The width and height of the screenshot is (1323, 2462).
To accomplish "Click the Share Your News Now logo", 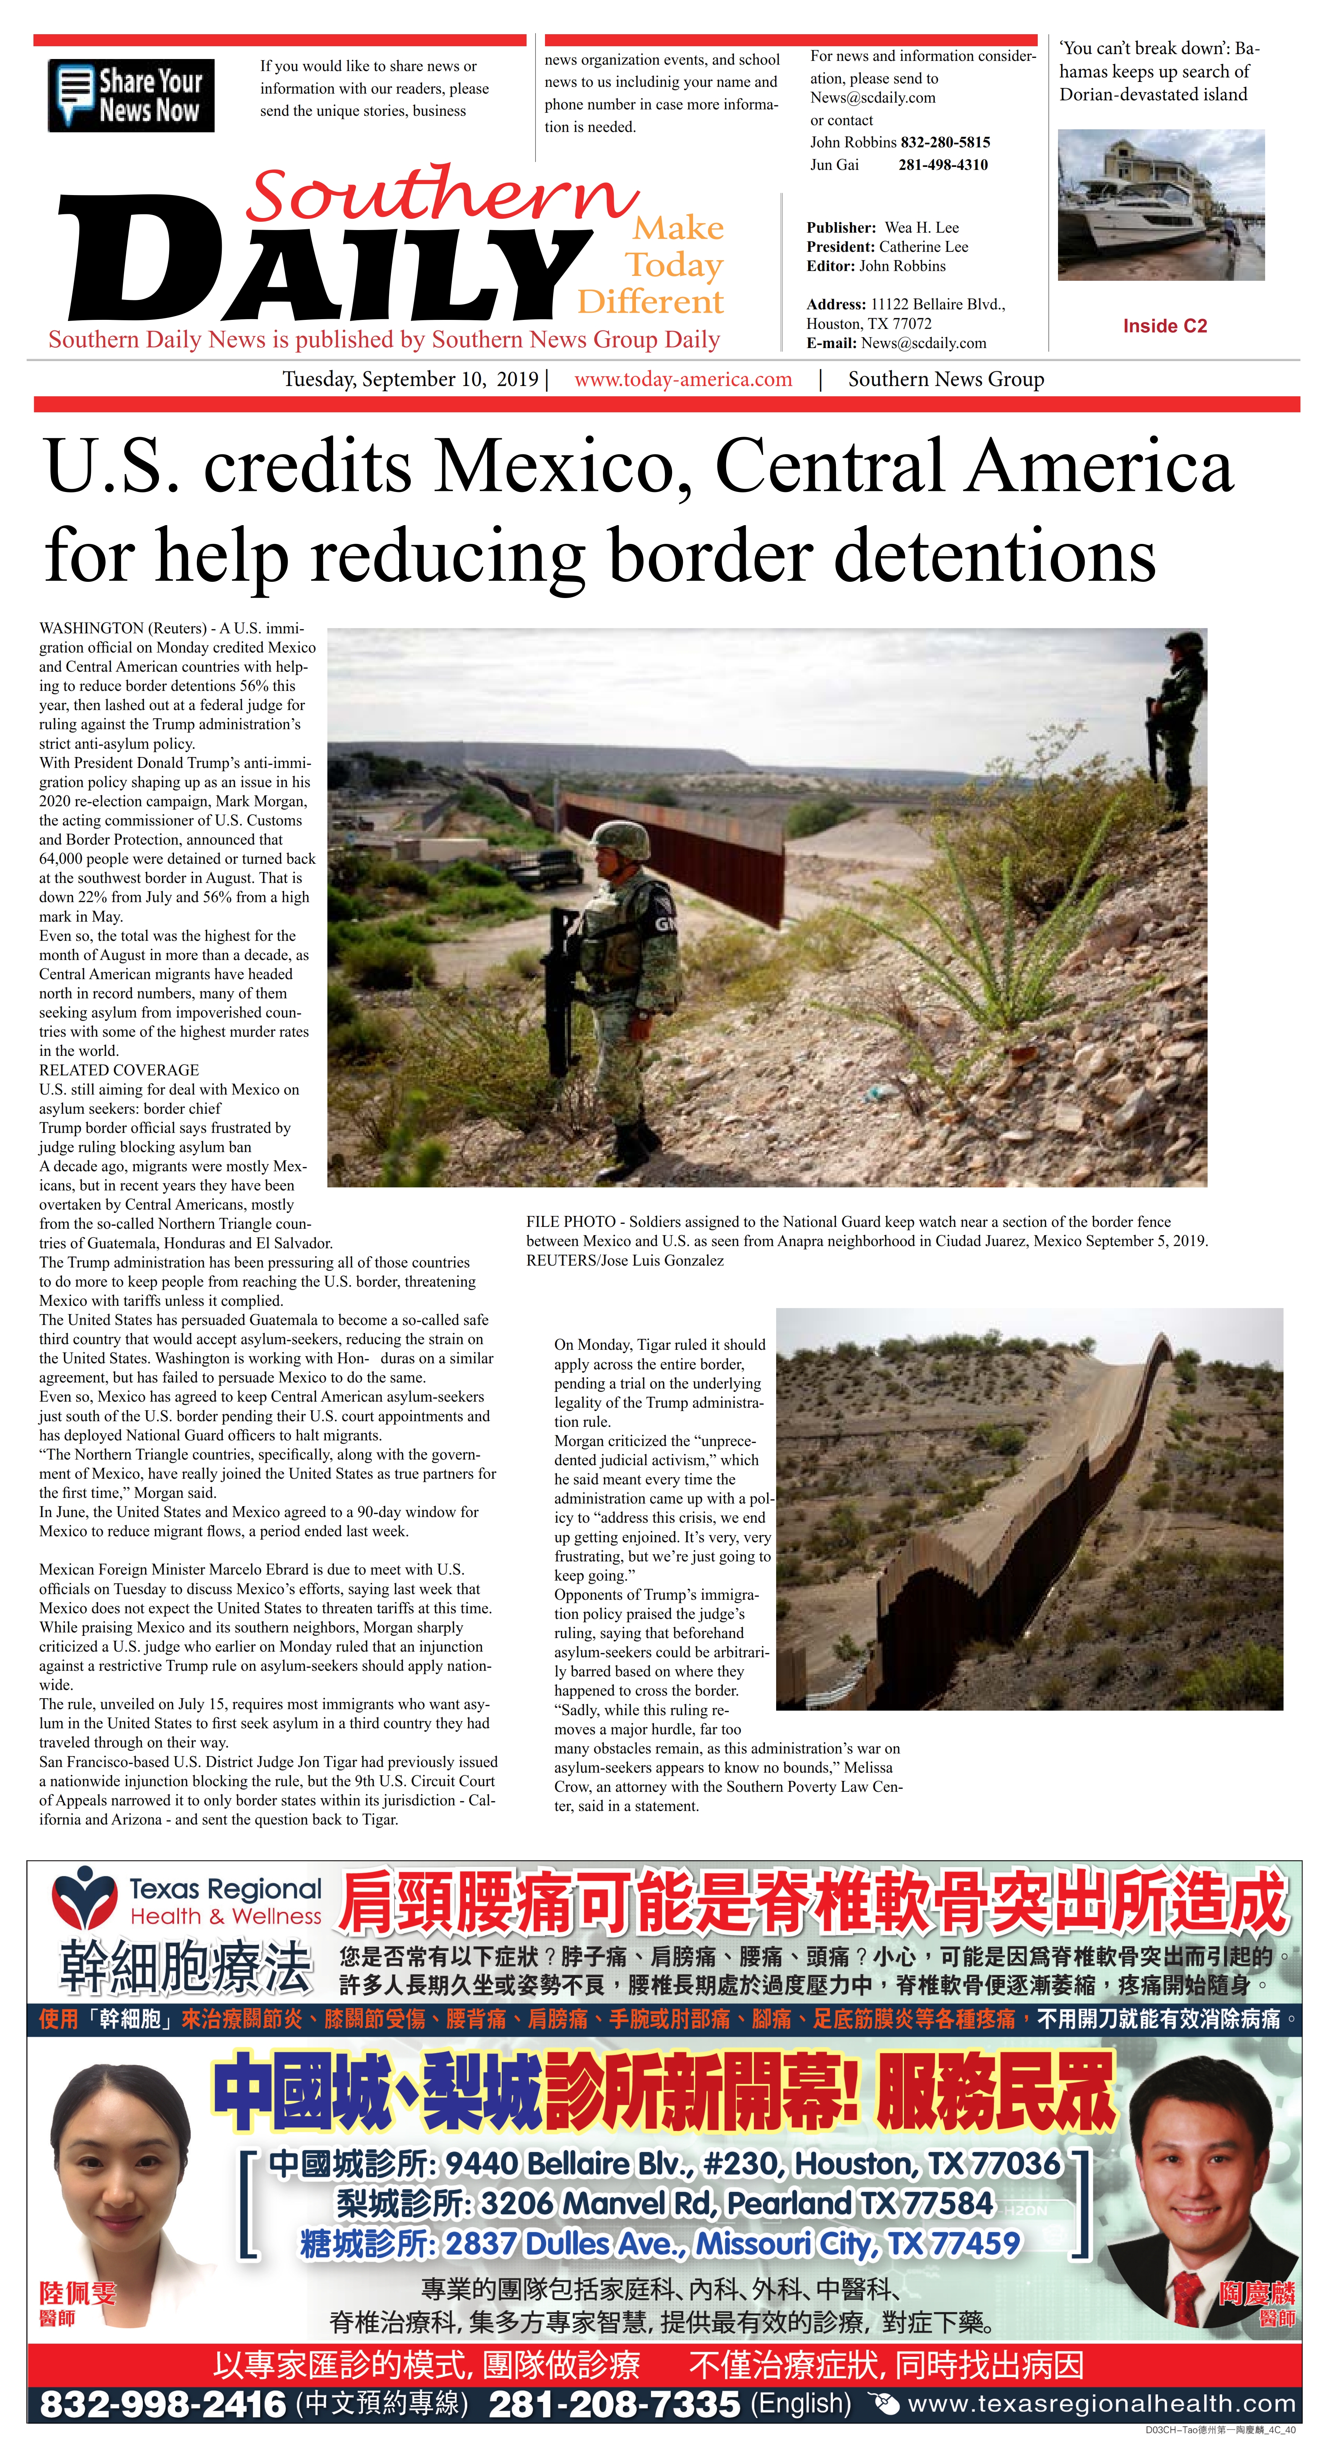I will pos(131,95).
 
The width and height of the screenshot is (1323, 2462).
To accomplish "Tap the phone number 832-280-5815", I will pos(945,142).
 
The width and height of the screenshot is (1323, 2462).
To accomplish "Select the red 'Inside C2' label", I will pos(1164,326).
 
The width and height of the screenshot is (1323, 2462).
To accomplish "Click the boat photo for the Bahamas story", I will pos(1161,204).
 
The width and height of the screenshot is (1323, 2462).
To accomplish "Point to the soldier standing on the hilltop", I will pos(1178,726).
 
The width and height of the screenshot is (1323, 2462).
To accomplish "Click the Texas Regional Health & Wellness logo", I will pos(186,1902).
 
